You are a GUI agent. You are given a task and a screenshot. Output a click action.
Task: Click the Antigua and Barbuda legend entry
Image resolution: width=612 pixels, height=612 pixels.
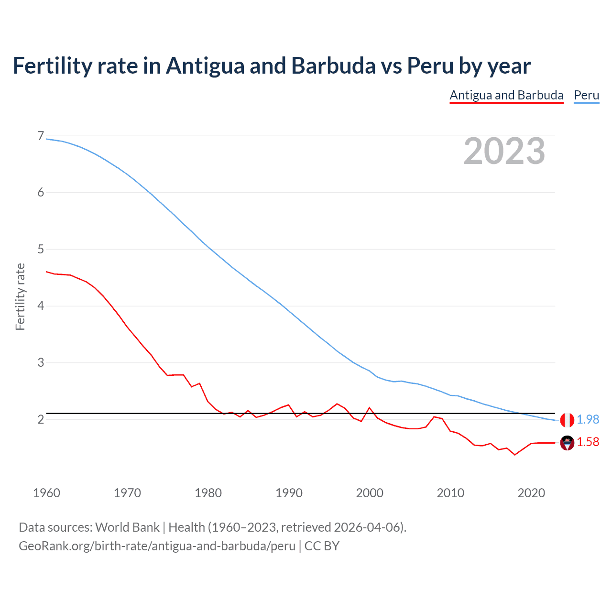[x=506, y=95]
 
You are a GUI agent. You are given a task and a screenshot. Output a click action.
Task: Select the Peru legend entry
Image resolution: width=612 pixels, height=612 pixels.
[x=586, y=95]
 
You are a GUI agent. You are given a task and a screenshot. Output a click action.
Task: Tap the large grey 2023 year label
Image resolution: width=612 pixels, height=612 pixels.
[x=504, y=151]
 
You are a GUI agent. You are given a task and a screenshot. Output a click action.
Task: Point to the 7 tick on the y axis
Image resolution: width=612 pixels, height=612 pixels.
[x=41, y=136]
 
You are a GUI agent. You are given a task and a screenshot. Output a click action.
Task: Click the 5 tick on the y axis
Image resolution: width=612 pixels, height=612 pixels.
[x=41, y=249]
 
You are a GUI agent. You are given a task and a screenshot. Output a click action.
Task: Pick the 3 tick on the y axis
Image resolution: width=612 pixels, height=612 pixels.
[x=41, y=362]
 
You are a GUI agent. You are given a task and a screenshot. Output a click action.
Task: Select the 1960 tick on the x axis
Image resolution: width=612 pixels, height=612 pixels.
[x=46, y=493]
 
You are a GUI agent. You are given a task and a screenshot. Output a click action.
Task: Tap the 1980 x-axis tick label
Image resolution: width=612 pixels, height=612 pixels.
[x=208, y=493]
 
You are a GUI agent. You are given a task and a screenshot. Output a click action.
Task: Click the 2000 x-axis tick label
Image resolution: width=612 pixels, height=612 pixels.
[x=370, y=493]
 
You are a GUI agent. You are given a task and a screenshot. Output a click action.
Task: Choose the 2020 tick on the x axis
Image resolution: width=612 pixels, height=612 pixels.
[x=531, y=493]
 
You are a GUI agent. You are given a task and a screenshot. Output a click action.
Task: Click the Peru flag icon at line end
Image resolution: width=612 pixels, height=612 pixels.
[x=567, y=420]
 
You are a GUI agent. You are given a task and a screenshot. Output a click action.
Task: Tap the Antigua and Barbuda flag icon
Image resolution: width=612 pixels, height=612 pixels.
[x=567, y=443]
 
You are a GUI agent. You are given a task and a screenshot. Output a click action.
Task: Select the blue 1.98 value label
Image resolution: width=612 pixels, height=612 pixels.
[x=588, y=419]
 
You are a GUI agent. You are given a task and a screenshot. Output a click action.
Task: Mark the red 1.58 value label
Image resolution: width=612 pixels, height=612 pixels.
[x=588, y=442]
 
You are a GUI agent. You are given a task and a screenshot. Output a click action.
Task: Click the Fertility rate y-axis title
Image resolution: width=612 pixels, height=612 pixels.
[x=20, y=296]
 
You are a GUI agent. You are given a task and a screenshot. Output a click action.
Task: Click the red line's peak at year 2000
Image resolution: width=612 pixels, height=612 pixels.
[x=369, y=408]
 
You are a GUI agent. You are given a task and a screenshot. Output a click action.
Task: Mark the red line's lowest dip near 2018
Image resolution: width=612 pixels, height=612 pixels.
[x=515, y=454]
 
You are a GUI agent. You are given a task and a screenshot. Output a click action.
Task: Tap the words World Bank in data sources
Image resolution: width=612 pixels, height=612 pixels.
[x=127, y=527]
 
